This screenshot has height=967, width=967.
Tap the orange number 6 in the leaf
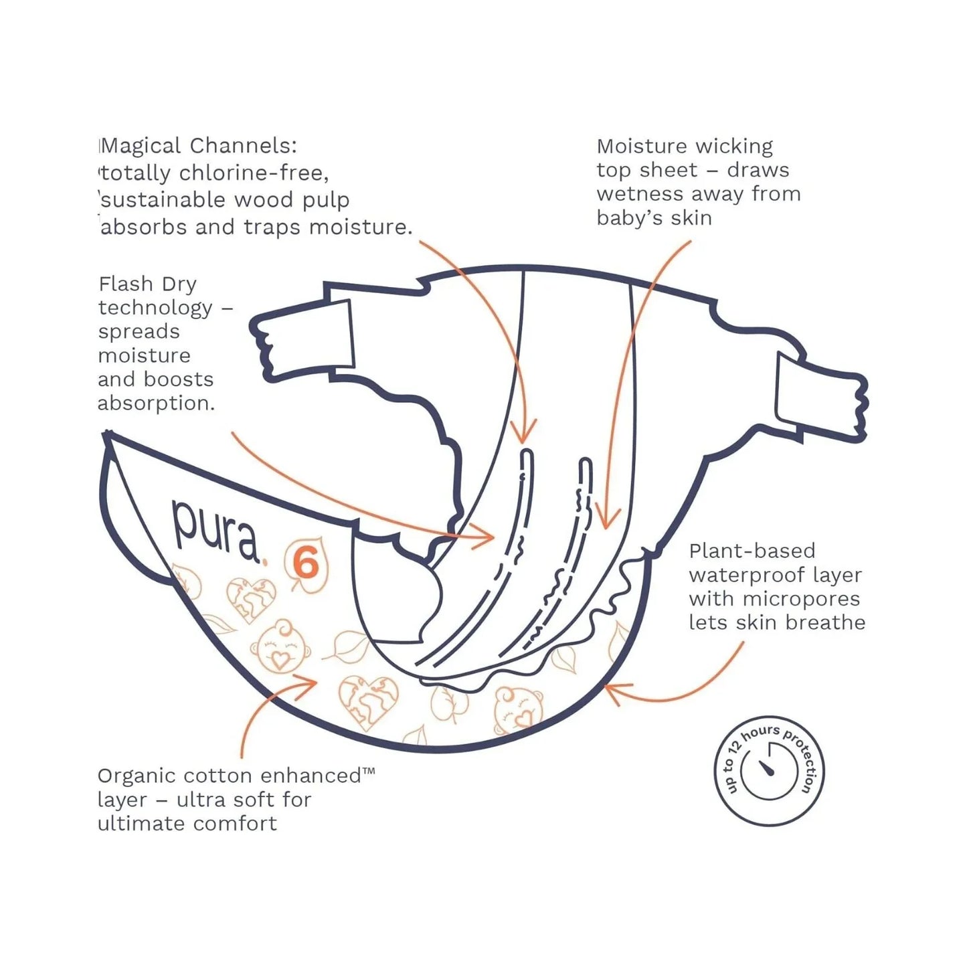coord(306,564)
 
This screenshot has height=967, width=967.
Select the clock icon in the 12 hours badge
coord(770,772)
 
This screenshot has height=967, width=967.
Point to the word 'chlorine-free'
coord(254,173)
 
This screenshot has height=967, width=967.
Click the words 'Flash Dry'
coord(147,284)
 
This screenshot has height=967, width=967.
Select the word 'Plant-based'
coord(752,551)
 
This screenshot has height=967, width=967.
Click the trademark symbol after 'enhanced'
coord(368,772)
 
